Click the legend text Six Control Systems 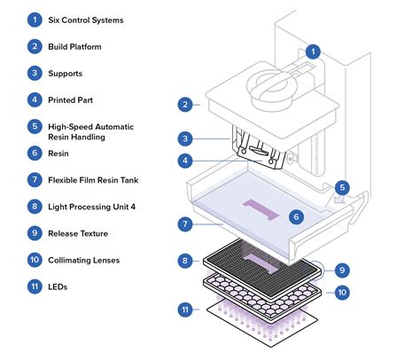(x=86, y=20)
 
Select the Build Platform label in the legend (x=74, y=47)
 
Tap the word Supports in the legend (x=66, y=74)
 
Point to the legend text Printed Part (x=70, y=100)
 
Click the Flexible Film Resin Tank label (x=93, y=180)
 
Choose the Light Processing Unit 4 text (x=91, y=207)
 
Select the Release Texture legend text (x=78, y=233)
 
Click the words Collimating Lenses (x=84, y=260)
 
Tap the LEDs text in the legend (x=58, y=286)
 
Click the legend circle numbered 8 (x=35, y=207)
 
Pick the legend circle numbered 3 (x=35, y=73)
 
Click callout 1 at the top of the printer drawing (x=313, y=51)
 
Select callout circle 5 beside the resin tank (x=342, y=187)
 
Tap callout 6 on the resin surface (x=296, y=217)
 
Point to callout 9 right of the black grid (x=342, y=270)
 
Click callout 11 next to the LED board (x=185, y=309)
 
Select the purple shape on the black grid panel (x=261, y=262)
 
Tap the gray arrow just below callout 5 (x=340, y=200)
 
